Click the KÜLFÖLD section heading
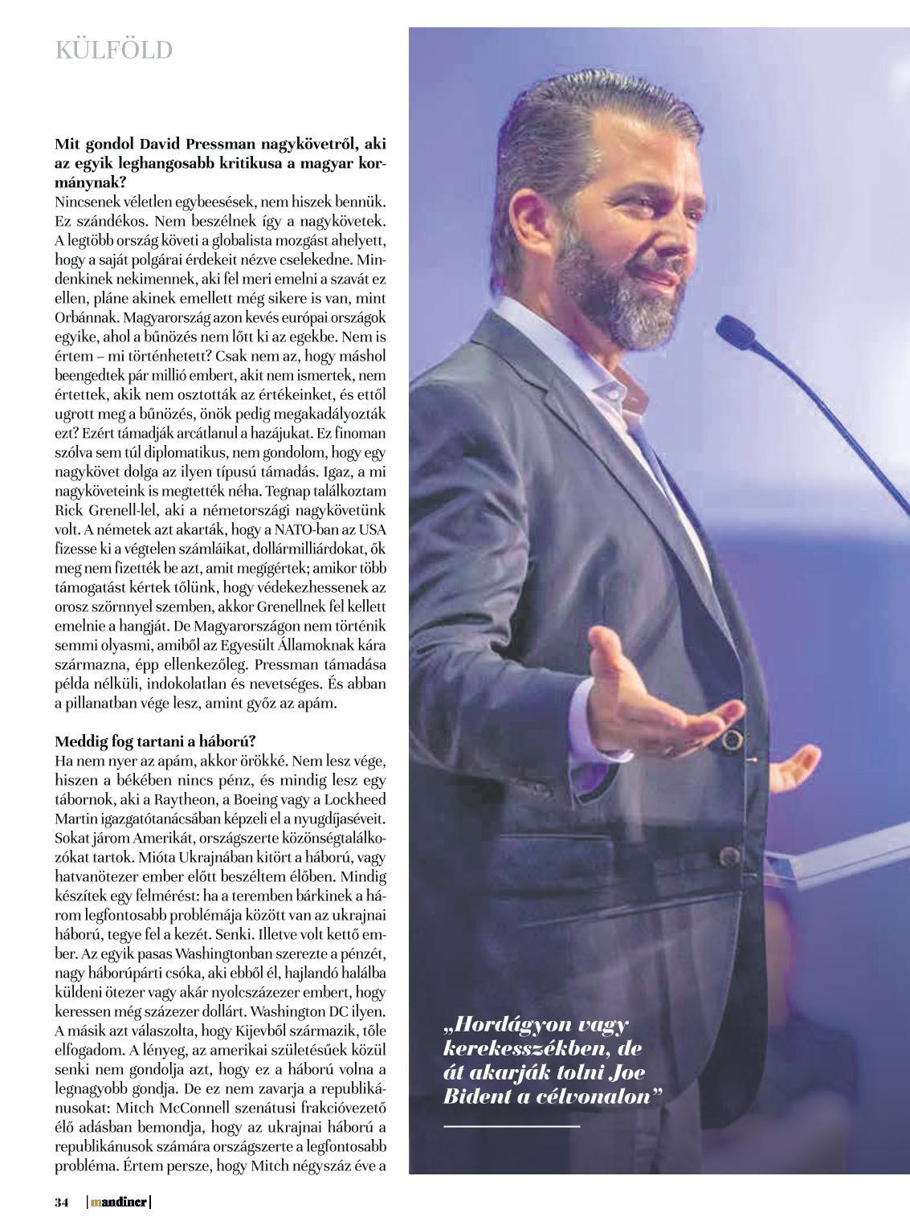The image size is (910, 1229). click(114, 51)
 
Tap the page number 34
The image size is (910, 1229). click(62, 1202)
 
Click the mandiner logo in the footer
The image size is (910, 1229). click(119, 1202)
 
